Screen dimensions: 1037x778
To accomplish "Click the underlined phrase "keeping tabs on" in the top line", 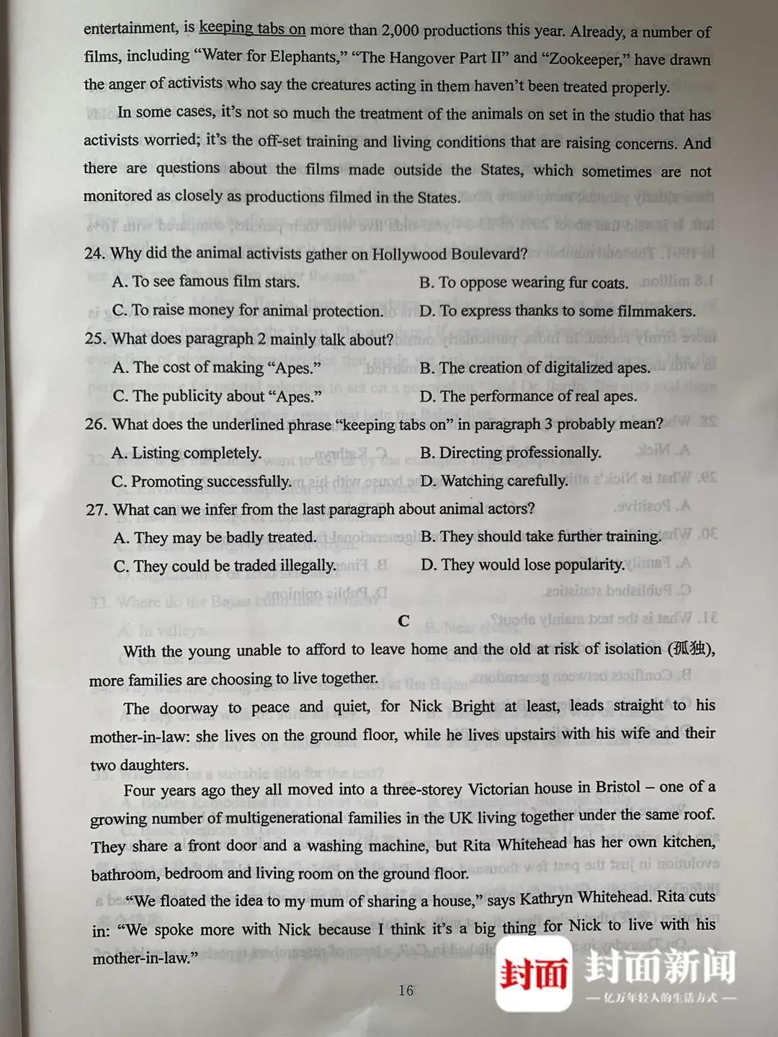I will coord(252,28).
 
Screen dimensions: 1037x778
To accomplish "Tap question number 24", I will coord(94,253).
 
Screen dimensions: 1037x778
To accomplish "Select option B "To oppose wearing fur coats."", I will coord(524,282).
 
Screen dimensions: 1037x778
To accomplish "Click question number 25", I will coord(95,338).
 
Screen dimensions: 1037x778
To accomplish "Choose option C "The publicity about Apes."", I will coord(217,395).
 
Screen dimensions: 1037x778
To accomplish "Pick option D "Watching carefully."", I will coord(493,480).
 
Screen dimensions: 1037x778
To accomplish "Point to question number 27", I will coord(96,510).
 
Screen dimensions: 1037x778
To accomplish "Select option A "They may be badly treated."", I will coord(215,537).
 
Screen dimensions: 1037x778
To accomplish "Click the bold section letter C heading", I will coord(403,621).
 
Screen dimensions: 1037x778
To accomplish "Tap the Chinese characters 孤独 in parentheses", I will coord(689,648).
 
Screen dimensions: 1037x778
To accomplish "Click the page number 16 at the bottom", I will coord(406,991).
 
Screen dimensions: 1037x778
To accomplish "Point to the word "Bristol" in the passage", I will coord(617,787).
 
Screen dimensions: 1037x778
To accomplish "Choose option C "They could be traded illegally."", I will coord(225,565).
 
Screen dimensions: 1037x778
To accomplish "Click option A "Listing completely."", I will coord(187,453).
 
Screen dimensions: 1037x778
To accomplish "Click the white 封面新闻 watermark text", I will coord(659,966).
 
